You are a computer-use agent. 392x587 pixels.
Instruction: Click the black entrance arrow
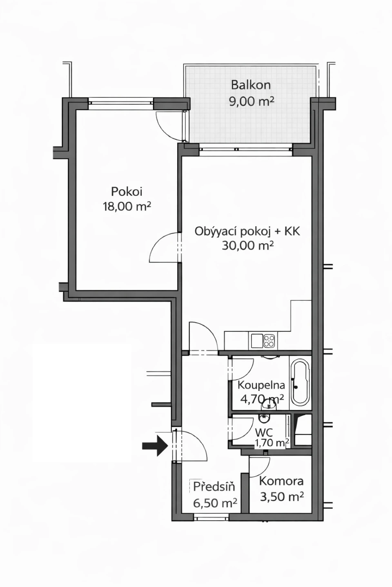point(155,446)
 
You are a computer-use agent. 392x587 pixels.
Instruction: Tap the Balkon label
point(251,85)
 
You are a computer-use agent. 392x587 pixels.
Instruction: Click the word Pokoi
point(127,192)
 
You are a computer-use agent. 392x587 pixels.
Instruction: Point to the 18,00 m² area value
point(127,207)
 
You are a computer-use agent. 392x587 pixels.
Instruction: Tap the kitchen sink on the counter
point(257,341)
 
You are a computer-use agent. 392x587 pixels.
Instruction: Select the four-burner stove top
point(269,341)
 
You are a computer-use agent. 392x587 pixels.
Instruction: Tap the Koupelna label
point(261,385)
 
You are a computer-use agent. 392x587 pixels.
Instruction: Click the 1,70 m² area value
point(272,443)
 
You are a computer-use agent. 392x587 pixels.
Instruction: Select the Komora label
point(281,481)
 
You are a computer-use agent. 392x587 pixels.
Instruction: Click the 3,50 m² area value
point(282,496)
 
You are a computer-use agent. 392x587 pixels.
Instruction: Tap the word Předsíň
point(214,487)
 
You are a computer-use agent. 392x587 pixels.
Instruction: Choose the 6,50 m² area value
point(215,503)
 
